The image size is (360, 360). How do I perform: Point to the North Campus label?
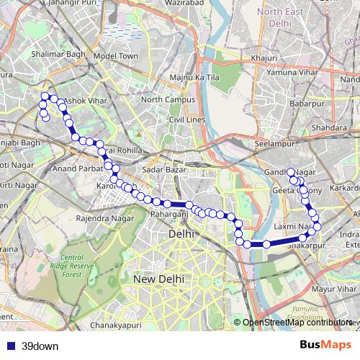click(x=168, y=99)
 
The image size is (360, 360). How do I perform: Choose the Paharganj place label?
click(x=169, y=214)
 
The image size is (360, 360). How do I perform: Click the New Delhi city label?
click(x=158, y=279)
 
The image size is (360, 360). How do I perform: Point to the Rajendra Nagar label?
click(x=104, y=217)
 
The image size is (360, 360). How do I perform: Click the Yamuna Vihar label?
click(x=288, y=72)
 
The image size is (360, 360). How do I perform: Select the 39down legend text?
click(x=40, y=346)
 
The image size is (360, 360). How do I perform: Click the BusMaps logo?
click(x=325, y=346)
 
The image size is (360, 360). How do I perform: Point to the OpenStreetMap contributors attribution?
click(x=297, y=323)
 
